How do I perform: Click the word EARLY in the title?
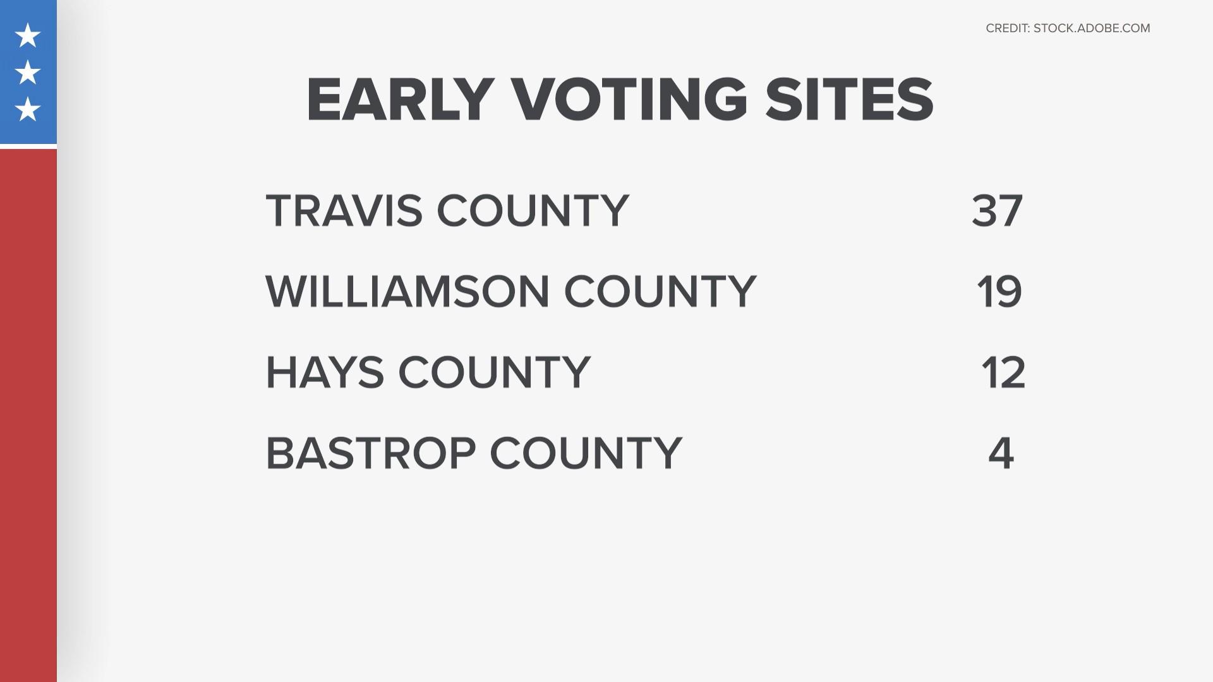click(400, 100)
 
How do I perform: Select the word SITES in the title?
click(849, 100)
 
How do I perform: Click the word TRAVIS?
click(344, 210)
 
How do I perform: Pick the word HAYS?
click(325, 372)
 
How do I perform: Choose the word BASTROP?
click(371, 453)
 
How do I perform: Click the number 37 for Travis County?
click(997, 210)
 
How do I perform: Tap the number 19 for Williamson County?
click(999, 291)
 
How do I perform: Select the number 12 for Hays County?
click(1003, 372)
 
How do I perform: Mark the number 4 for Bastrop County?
click(1001, 453)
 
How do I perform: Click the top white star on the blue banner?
click(28, 36)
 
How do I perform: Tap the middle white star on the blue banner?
click(28, 73)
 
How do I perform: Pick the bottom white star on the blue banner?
click(28, 109)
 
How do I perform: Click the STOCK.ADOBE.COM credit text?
click(1092, 28)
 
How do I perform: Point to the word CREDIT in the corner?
click(1008, 28)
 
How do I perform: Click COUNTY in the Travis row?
click(533, 210)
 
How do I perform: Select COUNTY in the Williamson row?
click(660, 291)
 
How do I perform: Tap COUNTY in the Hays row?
click(495, 372)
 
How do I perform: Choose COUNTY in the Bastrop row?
click(586, 453)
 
